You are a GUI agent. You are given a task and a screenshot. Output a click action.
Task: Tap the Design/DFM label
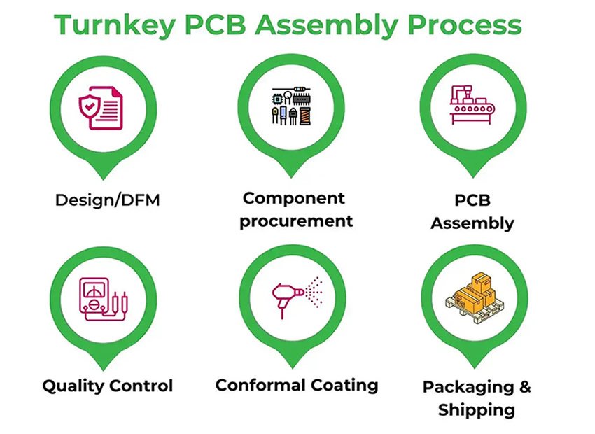click(x=108, y=200)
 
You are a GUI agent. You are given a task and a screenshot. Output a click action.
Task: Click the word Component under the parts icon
click(x=294, y=198)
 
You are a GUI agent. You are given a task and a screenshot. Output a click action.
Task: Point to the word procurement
click(x=295, y=221)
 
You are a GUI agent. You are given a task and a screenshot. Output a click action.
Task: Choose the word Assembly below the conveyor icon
click(x=472, y=223)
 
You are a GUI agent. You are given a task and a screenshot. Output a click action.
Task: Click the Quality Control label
click(x=107, y=386)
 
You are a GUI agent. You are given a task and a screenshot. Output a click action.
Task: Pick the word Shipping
click(x=477, y=409)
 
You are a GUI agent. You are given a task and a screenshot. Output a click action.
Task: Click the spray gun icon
click(x=286, y=295)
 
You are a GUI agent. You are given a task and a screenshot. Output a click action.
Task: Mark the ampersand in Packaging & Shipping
click(x=524, y=386)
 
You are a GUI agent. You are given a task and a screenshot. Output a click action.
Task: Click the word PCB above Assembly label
click(x=472, y=199)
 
